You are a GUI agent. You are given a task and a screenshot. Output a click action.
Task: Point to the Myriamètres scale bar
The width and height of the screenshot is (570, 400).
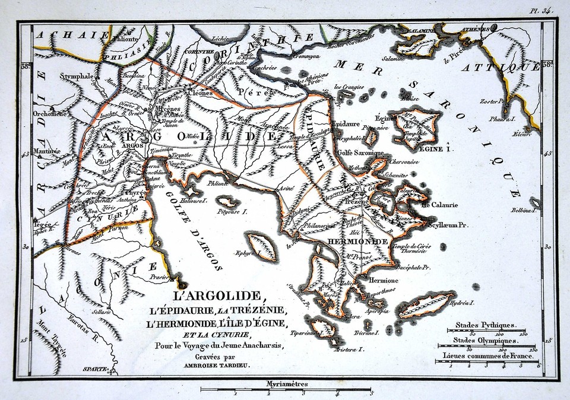pyautogui.click(x=286, y=390)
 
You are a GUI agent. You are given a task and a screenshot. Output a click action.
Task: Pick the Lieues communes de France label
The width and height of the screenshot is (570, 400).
pyautogui.click(x=487, y=357)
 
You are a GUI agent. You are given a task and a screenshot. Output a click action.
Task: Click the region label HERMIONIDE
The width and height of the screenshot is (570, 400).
pyautogui.click(x=357, y=242)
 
